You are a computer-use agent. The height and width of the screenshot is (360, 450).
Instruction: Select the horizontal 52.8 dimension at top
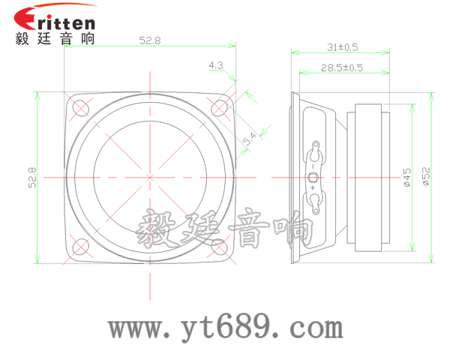[x=150, y=41]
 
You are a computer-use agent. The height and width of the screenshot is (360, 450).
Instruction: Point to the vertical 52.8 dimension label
[x=31, y=178]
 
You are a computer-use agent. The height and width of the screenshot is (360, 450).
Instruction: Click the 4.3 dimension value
[x=216, y=66]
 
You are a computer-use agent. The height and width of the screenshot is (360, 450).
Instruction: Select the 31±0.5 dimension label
[x=342, y=46]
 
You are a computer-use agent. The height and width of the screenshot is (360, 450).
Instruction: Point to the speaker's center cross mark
[x=150, y=177]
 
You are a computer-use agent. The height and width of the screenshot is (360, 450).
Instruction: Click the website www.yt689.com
[x=225, y=328]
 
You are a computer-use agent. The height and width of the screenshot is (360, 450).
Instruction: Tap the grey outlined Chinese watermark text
[x=225, y=229]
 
